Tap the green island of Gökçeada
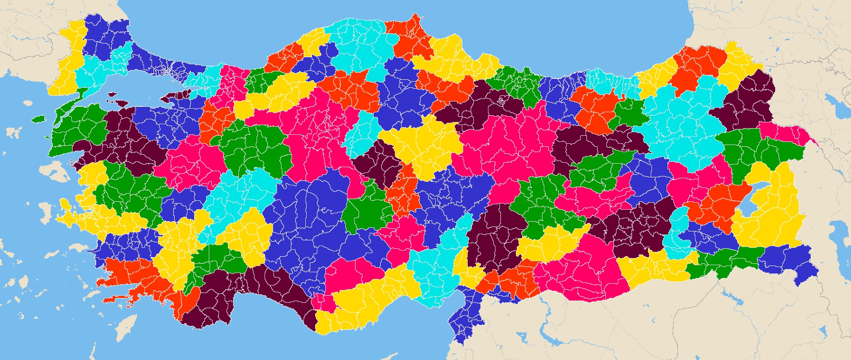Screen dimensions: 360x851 point(39,119)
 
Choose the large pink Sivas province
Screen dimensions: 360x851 point(510,142)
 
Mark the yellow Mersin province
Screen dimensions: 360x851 point(368,301)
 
